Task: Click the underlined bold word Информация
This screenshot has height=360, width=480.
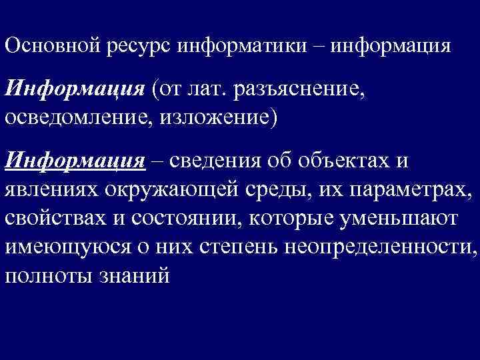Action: (74, 162)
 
